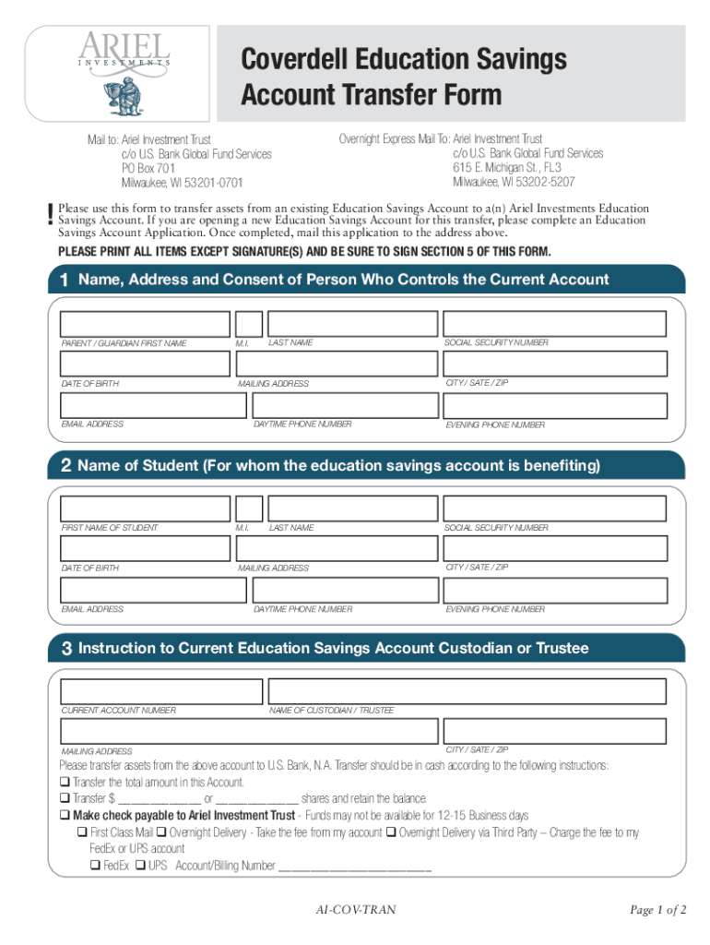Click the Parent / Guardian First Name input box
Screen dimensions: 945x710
click(x=145, y=324)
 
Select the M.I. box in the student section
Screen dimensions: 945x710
click(x=248, y=508)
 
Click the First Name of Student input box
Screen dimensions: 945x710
click(x=145, y=508)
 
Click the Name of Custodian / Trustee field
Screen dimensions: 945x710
click(x=466, y=691)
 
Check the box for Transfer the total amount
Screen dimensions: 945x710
click(x=65, y=783)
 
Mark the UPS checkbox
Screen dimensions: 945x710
click(x=139, y=866)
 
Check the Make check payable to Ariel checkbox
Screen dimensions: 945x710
click(x=65, y=816)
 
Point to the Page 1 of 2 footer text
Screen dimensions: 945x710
click(x=658, y=910)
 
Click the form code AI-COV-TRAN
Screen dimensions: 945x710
click(x=355, y=910)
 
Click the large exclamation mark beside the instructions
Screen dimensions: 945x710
click(x=48, y=214)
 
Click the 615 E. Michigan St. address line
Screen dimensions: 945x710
click(x=506, y=167)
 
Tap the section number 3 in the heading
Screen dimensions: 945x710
click(x=66, y=649)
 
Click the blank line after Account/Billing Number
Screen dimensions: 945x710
click(x=355, y=867)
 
